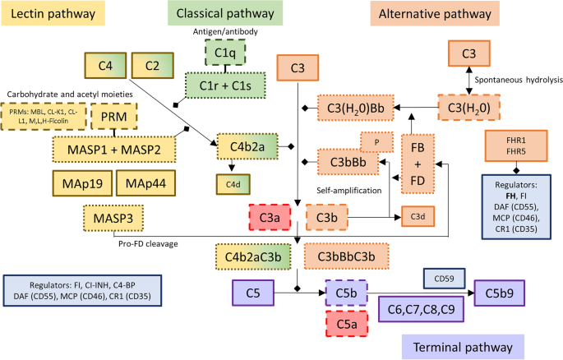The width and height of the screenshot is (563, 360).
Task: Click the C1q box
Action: (x=219, y=54)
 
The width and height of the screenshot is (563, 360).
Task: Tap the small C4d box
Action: (x=231, y=185)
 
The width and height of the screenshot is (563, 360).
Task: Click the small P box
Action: (x=376, y=141)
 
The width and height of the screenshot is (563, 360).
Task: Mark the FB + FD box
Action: (x=418, y=166)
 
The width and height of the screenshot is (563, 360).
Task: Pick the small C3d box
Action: (x=418, y=216)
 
